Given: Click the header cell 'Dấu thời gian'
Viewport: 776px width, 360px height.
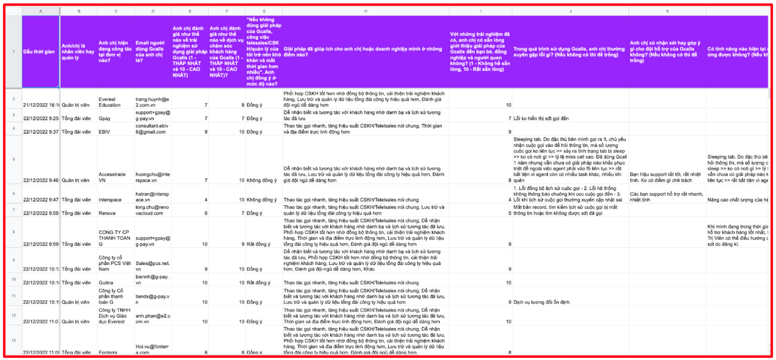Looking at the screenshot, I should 39,52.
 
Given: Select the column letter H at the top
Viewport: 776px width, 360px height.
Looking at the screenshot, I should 365,11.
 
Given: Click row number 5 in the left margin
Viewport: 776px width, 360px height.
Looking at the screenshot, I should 14,159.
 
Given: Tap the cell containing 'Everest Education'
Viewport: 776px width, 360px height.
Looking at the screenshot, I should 110,102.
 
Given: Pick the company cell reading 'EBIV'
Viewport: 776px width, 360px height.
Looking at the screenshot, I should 104,132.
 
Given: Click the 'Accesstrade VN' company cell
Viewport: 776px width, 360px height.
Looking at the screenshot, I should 112,177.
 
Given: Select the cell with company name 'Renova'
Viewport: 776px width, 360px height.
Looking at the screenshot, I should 107,213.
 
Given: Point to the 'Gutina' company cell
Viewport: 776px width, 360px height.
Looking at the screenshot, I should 106,282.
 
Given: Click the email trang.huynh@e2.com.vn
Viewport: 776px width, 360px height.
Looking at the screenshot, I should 152,102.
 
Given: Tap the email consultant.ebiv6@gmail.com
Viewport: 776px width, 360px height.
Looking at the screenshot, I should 152,129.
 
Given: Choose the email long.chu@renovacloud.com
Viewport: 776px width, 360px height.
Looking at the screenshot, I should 152,210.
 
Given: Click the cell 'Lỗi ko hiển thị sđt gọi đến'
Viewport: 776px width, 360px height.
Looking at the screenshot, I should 541,119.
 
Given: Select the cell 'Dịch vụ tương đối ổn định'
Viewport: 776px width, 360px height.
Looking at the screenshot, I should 541,302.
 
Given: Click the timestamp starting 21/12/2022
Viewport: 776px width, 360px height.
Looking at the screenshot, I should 41,105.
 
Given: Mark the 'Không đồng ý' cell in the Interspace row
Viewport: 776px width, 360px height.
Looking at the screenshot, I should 262,199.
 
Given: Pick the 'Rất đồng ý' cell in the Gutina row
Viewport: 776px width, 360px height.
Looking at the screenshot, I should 258,282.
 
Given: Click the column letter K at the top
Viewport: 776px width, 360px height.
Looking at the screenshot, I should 667,11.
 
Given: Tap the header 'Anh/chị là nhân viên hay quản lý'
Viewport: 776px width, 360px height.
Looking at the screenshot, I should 78,52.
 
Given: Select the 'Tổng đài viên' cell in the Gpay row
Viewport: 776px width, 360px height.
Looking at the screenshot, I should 77,119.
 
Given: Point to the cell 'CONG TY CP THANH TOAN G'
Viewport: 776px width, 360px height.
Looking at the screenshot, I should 114,238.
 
